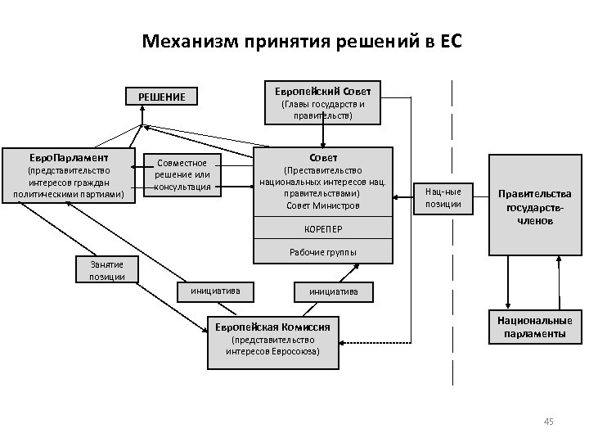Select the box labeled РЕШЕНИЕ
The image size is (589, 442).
tap(161, 97)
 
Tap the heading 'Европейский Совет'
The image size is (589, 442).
tap(323, 90)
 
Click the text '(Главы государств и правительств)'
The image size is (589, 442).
tap(323, 110)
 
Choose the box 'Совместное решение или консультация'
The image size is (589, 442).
tap(184, 174)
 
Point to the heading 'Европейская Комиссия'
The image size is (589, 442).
tap(272, 326)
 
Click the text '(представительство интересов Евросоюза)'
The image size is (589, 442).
tap(272, 345)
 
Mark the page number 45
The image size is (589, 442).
tap(548, 422)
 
